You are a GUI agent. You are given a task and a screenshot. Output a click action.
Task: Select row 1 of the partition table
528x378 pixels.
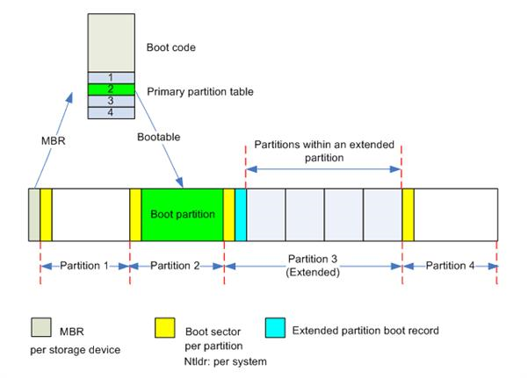pyautogui.click(x=111, y=77)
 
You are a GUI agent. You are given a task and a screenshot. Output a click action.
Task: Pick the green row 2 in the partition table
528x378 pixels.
pyautogui.click(x=111, y=89)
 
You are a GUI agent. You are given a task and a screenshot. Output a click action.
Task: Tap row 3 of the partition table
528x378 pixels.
pyautogui.click(x=111, y=101)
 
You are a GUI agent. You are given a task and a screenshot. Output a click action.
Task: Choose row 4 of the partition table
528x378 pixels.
pyautogui.click(x=111, y=112)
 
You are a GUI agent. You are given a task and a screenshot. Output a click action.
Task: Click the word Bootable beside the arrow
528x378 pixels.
pyautogui.click(x=162, y=139)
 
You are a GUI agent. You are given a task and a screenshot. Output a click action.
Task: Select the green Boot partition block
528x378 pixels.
pyautogui.click(x=182, y=214)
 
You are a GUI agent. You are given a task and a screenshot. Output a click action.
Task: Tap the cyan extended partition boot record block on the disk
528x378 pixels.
pyautogui.click(x=241, y=214)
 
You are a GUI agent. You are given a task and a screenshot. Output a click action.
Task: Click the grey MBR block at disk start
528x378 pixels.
pyautogui.click(x=34, y=214)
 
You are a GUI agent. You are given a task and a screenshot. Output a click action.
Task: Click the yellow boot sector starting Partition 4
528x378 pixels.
pyautogui.click(x=408, y=214)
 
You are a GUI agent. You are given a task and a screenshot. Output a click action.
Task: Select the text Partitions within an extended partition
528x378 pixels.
pyautogui.click(x=322, y=150)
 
